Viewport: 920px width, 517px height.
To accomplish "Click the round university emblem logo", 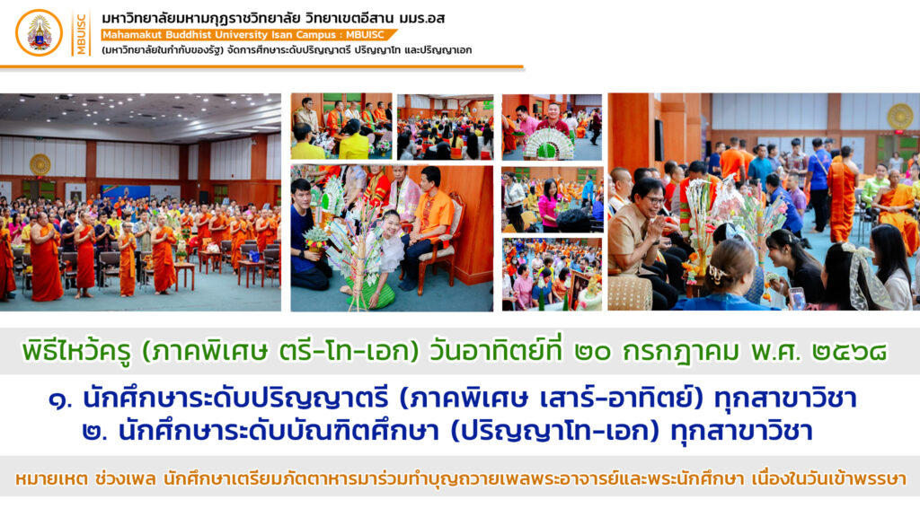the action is pos(39,33).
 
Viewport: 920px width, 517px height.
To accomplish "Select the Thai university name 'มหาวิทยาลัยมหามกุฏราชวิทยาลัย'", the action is pos(201,18).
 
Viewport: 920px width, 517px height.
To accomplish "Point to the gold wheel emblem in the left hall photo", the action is pos(40,165).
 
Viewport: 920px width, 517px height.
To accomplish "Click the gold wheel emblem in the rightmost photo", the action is pos(899,116).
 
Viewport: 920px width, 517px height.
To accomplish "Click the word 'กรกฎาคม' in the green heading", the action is pos(681,352).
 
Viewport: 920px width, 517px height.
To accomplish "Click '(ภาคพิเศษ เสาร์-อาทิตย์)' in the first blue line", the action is pos(551,398).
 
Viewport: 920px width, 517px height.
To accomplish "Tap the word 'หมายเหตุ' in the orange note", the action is pos(50,479).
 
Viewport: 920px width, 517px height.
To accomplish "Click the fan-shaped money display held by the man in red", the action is pos(549,145).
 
